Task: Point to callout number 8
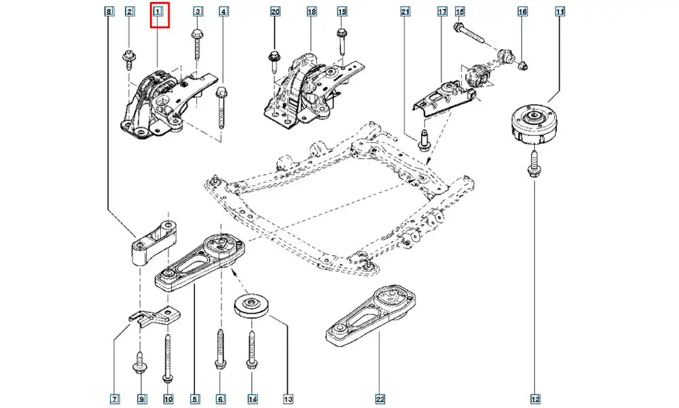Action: click(x=108, y=12)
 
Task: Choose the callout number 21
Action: click(x=405, y=12)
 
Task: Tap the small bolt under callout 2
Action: click(x=128, y=58)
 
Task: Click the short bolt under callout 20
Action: click(x=274, y=60)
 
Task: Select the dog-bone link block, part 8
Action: click(x=153, y=243)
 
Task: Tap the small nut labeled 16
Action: click(x=524, y=65)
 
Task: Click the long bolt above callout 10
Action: click(x=166, y=354)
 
